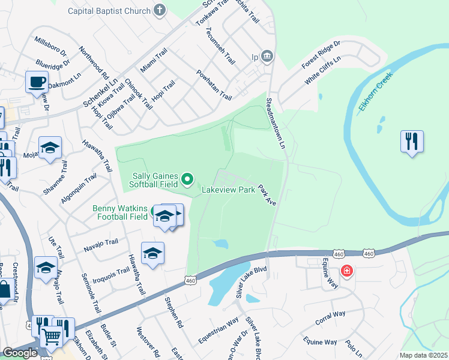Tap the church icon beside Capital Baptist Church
tap(159, 10)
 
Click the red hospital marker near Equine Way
tap(347, 272)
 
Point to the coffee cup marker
tap(37, 81)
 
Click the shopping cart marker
tap(52, 337)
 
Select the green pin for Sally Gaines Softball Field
tap(188, 178)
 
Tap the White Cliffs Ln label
tap(322, 70)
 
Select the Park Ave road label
tap(267, 196)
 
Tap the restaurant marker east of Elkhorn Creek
tap(412, 142)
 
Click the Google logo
tap(20, 353)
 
